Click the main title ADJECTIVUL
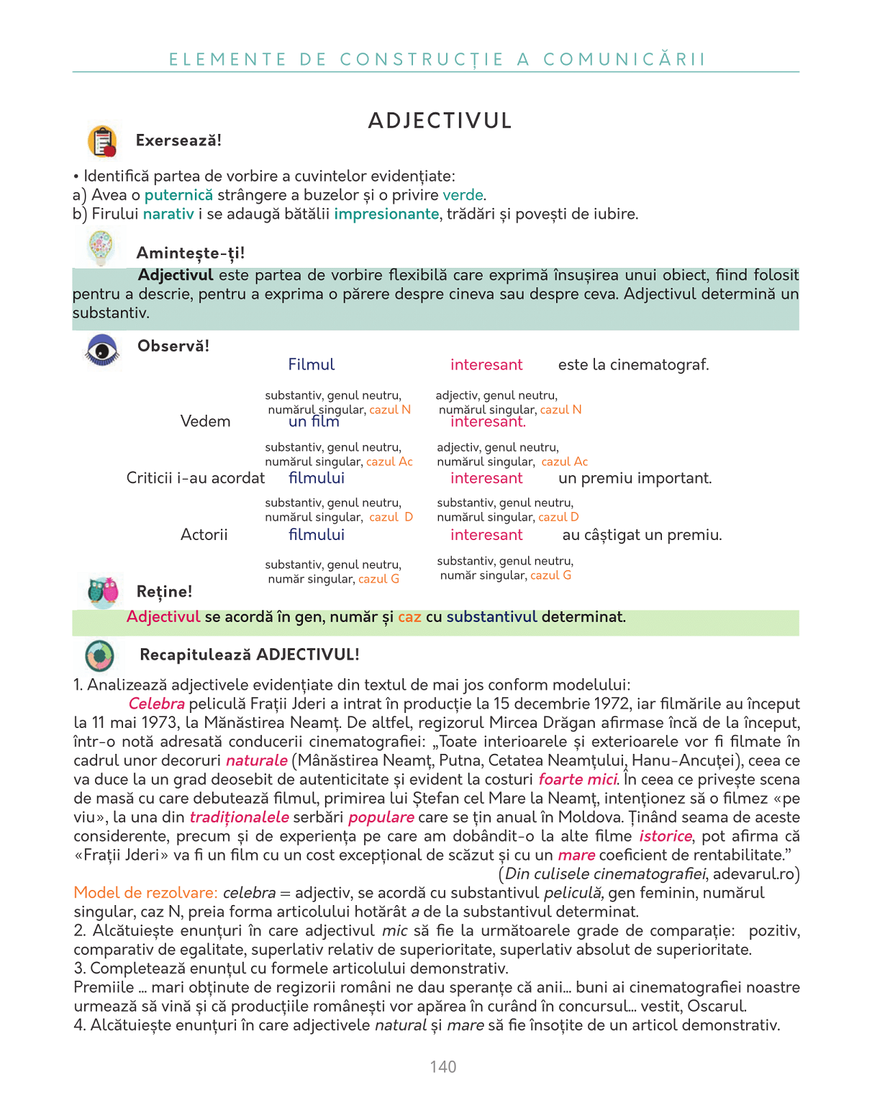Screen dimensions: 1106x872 (440, 121)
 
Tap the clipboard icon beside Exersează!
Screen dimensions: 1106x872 (102, 141)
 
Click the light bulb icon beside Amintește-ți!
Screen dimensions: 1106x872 (101, 248)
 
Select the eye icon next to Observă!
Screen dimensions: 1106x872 (102, 351)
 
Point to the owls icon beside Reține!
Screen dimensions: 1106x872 (103, 590)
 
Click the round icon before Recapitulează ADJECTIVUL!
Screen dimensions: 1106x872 (99, 655)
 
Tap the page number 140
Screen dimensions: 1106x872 (443, 1067)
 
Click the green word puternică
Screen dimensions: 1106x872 (178, 195)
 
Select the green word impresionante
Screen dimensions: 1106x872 (386, 214)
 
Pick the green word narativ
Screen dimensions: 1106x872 (168, 214)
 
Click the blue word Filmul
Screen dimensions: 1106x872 (312, 365)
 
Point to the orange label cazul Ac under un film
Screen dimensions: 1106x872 (389, 462)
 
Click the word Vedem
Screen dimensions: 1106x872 (205, 421)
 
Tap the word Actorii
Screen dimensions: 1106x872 (204, 535)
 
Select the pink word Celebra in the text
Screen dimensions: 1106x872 (157, 704)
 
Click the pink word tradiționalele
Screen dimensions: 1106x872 (239, 817)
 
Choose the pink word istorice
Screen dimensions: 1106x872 (666, 836)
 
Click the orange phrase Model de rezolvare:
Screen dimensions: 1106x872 (145, 893)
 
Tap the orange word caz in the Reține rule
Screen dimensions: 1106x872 (409, 617)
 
